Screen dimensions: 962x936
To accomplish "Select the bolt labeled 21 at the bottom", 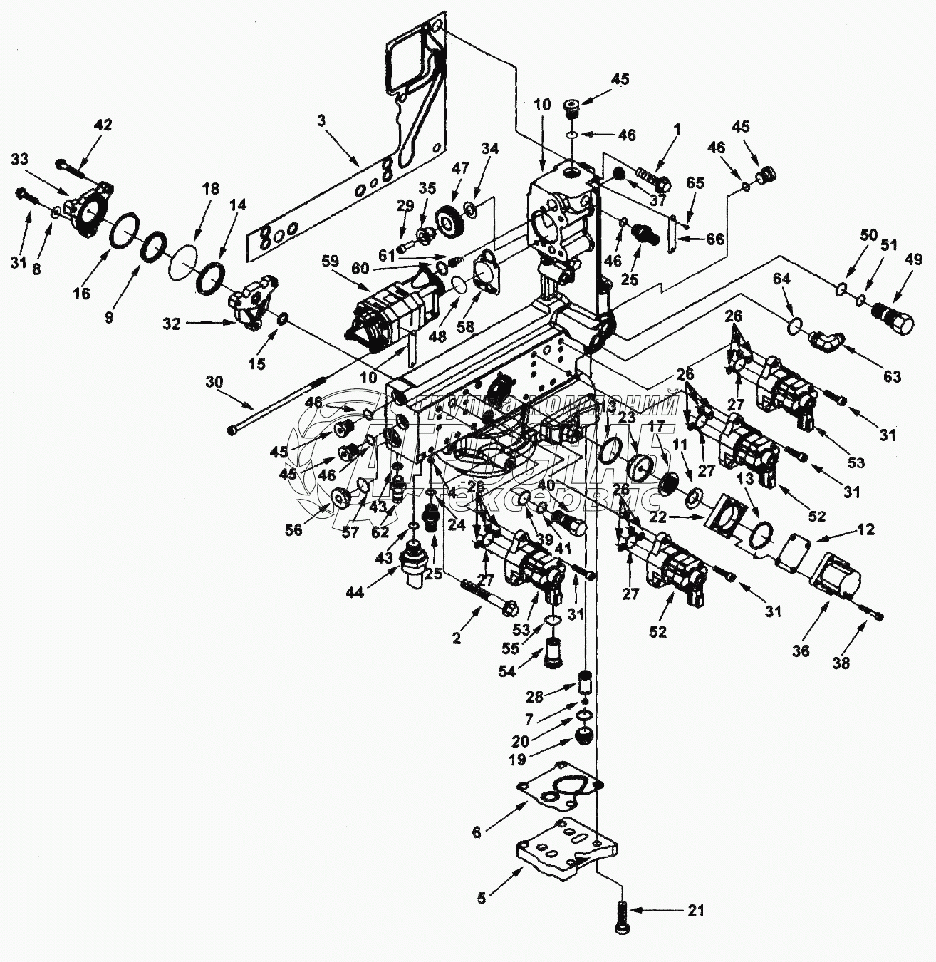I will [x=620, y=914].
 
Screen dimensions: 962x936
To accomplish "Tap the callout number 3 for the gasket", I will [x=321, y=121].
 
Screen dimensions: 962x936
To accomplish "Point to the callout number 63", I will [x=892, y=376].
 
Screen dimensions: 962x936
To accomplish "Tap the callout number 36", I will [x=801, y=651].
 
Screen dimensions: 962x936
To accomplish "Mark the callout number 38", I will [x=841, y=663].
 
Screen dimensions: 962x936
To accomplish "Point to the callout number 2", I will [x=457, y=638].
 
